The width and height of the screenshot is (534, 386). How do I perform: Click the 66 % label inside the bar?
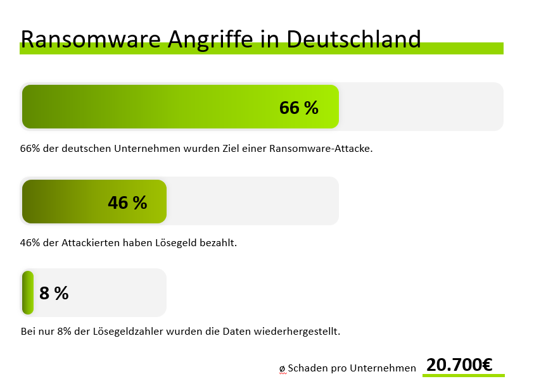pos(298,108)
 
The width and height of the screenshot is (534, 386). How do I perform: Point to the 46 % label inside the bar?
pos(127,202)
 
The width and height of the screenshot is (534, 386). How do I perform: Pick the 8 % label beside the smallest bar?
pos(54,294)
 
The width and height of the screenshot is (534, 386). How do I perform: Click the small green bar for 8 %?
pos(28,292)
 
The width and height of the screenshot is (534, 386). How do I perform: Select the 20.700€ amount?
pos(459,364)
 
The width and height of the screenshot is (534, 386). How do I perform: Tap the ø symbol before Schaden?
pos(283,368)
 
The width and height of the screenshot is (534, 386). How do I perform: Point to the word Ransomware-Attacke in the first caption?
pos(321,149)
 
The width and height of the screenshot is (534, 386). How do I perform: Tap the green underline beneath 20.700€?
pos(463,376)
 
